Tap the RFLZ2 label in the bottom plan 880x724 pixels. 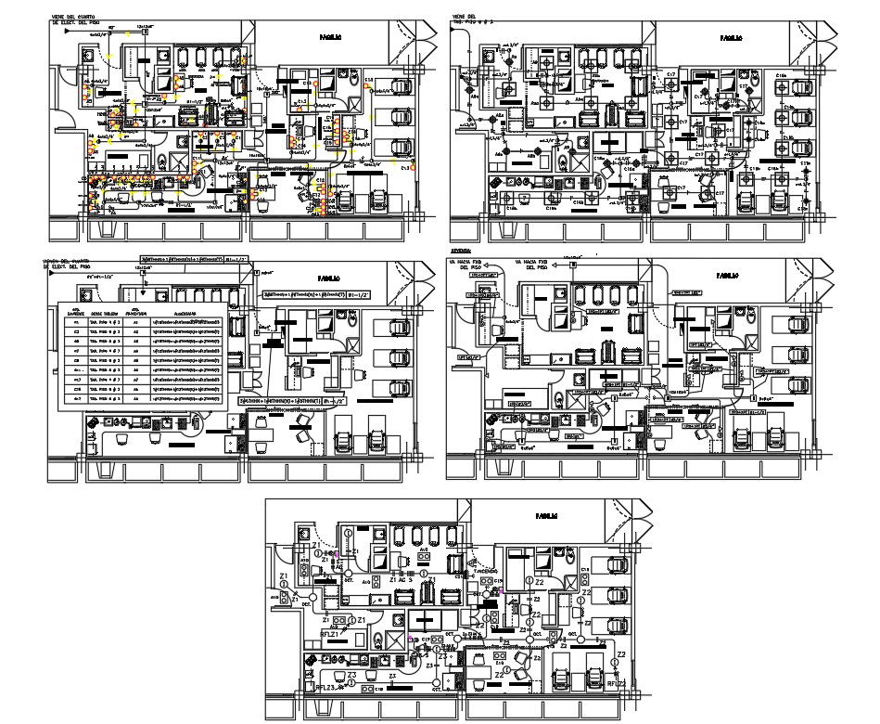(x=619, y=684)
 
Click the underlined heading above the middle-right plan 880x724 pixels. (x=460, y=251)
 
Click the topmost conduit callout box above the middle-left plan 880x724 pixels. (x=183, y=257)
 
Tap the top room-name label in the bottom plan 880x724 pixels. (x=545, y=516)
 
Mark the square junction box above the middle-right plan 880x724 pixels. (x=573, y=266)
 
